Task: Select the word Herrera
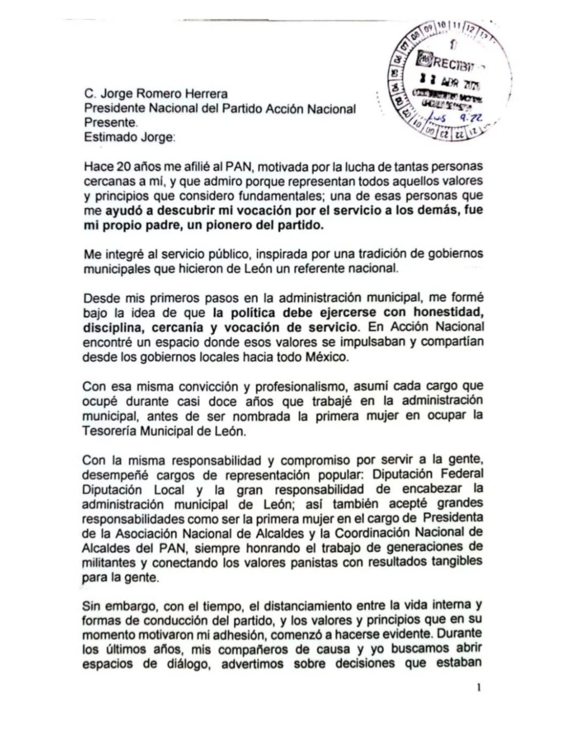[x=206, y=94]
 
